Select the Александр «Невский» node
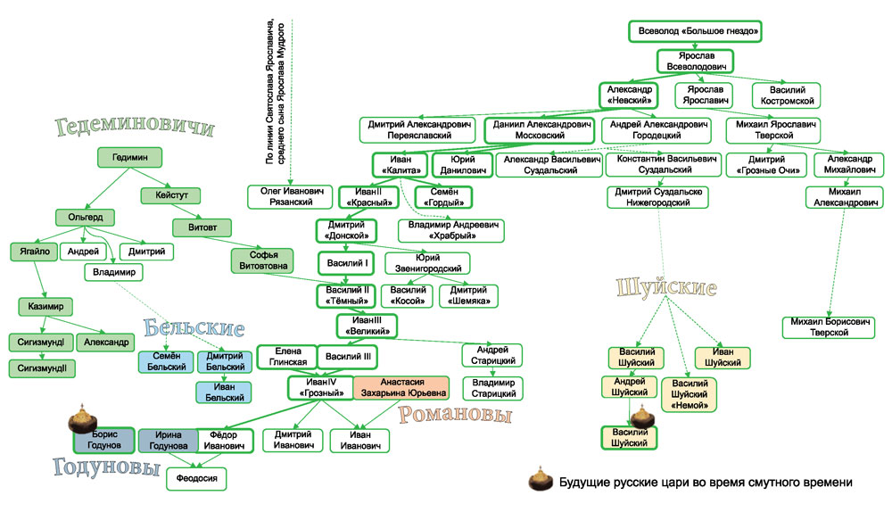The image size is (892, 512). [x=630, y=95]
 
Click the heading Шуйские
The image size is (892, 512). [x=666, y=288]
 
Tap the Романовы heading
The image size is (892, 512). [x=455, y=415]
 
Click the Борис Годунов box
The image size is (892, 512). [x=104, y=440]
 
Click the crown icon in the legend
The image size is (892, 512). [x=538, y=480]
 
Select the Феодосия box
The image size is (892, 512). [x=197, y=478]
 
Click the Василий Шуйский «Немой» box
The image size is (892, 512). [x=690, y=393]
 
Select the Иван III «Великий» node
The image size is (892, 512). [x=367, y=326]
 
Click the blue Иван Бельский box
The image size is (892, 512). [x=224, y=392]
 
